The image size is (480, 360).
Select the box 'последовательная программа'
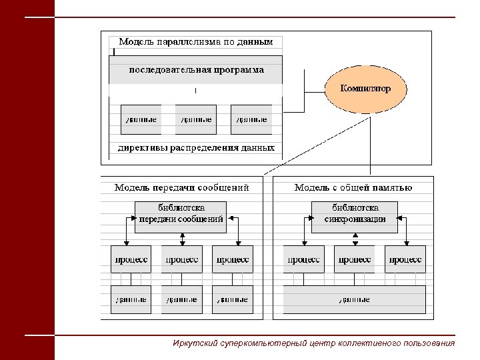click(196, 69)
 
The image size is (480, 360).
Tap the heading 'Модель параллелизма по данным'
click(196, 42)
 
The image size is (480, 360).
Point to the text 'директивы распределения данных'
click(196, 148)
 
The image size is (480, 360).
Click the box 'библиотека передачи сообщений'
click(181, 216)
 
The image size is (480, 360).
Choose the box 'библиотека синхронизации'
click(355, 216)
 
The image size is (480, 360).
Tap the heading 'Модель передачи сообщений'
click(181, 188)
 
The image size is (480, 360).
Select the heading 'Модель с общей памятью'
click(353, 188)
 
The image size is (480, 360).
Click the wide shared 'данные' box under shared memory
click(354, 299)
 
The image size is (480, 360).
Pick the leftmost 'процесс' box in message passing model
click(131, 259)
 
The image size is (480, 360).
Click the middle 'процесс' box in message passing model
click(181, 259)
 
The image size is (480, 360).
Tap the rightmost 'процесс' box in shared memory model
click(405, 259)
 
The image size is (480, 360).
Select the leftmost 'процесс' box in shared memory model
click(304, 259)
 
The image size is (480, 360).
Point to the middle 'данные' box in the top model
click(196, 119)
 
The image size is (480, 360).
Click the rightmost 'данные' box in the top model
click(251, 119)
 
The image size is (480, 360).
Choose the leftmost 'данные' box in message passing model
click(131, 299)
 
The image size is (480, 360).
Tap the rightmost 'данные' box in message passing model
click(233, 299)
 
